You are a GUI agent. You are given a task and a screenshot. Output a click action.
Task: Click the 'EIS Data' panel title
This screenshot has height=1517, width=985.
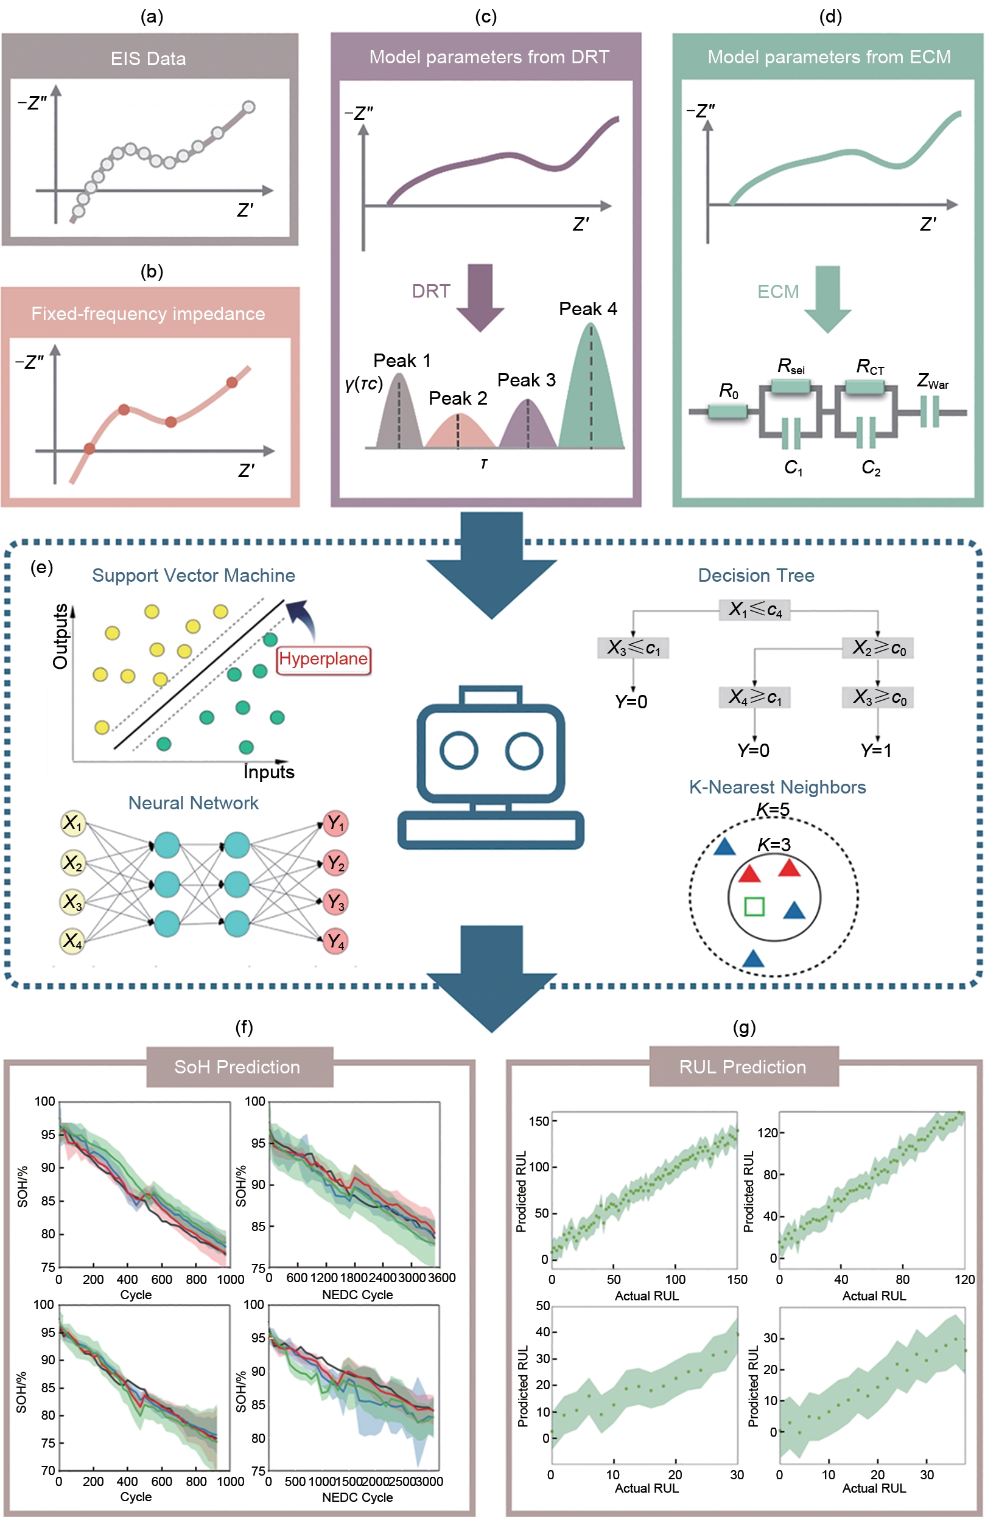(x=148, y=58)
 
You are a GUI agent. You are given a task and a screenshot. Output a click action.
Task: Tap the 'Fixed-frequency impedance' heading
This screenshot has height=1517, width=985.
(x=148, y=313)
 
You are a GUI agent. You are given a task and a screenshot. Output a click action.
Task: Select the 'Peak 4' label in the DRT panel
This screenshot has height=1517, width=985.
(x=588, y=309)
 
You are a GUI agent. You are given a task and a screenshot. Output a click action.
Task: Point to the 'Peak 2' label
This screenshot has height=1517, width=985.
(x=458, y=399)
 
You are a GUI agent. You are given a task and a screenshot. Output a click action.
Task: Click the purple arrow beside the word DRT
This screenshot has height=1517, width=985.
(x=481, y=296)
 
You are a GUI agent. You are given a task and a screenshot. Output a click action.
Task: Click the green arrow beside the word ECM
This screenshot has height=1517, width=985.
(x=827, y=298)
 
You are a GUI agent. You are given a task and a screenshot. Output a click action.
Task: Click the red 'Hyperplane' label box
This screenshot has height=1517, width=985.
(x=323, y=659)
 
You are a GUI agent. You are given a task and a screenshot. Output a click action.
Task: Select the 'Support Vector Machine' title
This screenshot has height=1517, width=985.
(x=193, y=576)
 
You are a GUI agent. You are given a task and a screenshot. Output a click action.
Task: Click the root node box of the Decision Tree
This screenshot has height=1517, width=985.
(x=755, y=610)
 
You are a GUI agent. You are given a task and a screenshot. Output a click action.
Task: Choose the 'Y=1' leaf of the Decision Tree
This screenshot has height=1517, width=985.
(x=876, y=750)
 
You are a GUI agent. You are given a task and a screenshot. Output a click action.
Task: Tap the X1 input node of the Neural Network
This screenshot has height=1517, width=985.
(x=72, y=823)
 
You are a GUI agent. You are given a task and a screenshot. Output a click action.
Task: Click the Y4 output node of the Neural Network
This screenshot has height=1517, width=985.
(x=335, y=941)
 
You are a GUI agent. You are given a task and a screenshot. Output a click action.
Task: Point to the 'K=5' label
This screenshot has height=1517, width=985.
(x=773, y=809)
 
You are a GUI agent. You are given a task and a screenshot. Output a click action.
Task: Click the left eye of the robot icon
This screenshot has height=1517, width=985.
(x=458, y=750)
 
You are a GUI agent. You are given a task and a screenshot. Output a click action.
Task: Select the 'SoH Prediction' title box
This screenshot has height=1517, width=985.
(x=240, y=1066)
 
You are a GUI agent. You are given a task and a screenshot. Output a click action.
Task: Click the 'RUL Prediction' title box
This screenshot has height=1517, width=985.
(x=743, y=1066)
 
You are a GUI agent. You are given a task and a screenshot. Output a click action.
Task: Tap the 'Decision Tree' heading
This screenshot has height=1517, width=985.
(x=756, y=576)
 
